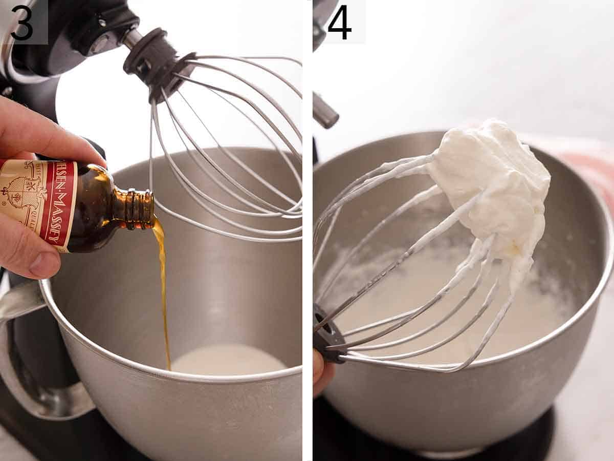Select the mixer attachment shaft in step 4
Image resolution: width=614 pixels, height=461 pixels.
pos(325,110)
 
